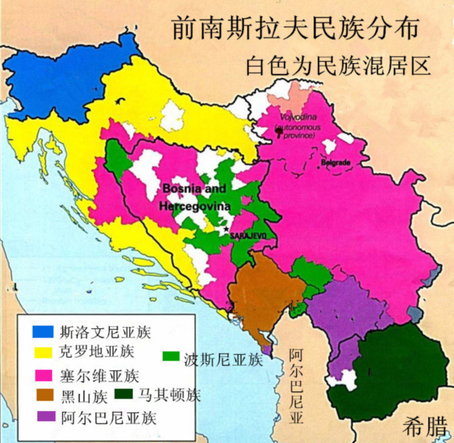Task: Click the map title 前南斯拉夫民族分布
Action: coord(295,28)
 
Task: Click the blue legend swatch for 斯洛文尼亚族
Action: coord(42,331)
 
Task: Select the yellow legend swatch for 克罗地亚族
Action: coord(42,351)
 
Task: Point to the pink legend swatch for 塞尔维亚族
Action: coord(42,374)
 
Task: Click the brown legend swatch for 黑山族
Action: coord(42,394)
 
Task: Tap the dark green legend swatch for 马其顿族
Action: coord(125,394)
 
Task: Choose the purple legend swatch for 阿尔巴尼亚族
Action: coord(42,416)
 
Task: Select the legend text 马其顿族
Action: coord(169,395)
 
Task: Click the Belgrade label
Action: coord(336,163)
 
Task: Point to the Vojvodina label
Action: coord(298,116)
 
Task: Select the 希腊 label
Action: coord(424,427)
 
